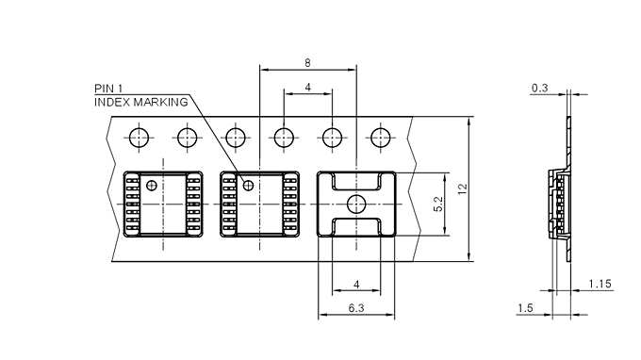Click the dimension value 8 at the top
[307, 63]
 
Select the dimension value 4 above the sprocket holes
[308, 87]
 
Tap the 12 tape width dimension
[462, 188]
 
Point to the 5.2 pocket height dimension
[438, 204]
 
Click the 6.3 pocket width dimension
[356, 307]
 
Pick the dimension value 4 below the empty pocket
[356, 284]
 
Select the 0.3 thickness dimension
[539, 88]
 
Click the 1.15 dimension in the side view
[600, 284]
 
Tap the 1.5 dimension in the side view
[525, 307]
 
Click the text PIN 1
[108, 89]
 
